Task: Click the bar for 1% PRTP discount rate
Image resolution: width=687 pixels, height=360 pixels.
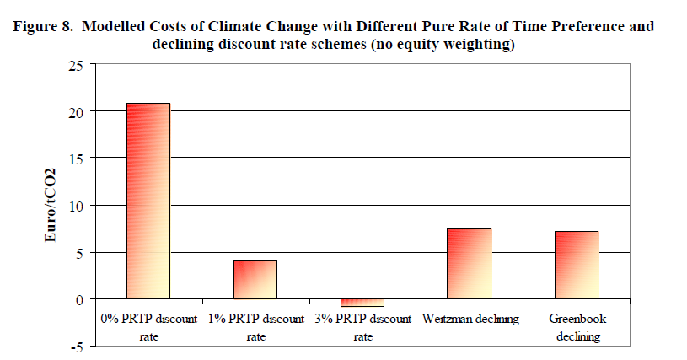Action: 255,279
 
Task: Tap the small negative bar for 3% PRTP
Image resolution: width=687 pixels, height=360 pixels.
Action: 362,303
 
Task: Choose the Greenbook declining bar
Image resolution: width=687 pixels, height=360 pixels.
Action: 577,265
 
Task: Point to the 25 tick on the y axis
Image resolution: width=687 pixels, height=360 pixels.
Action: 78,64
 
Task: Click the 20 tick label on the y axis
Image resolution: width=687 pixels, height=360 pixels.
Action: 78,111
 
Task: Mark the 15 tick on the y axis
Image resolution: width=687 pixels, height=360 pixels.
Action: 78,158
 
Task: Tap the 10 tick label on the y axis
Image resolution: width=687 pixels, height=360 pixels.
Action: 78,205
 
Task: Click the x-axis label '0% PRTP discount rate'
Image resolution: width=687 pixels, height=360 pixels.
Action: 148,327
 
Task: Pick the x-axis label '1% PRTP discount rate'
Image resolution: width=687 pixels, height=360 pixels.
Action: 255,327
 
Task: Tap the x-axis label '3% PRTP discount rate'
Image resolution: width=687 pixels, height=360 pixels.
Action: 362,327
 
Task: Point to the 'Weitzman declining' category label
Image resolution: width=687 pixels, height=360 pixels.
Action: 470,320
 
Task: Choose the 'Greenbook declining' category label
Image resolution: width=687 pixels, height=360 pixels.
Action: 577,327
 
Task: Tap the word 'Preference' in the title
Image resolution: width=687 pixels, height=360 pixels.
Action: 585,26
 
